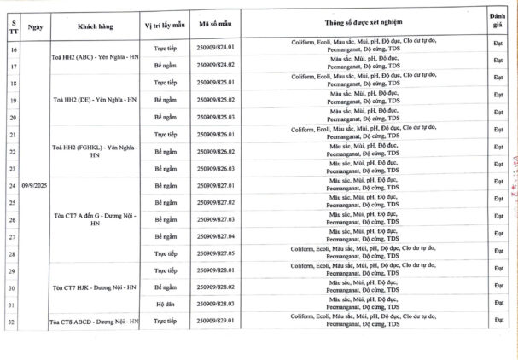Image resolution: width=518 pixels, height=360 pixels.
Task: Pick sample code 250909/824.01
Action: tap(215, 47)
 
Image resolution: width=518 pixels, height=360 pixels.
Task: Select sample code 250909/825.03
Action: tap(215, 117)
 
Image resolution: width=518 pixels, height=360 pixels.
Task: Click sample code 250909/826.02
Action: tap(215, 151)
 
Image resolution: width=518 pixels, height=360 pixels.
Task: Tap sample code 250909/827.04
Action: tap(215, 235)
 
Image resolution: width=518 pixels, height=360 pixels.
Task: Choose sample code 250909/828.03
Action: tap(215, 304)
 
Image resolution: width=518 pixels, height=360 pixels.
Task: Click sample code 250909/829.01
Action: tap(215, 321)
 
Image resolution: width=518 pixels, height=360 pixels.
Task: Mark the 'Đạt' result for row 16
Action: tap(499, 47)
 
